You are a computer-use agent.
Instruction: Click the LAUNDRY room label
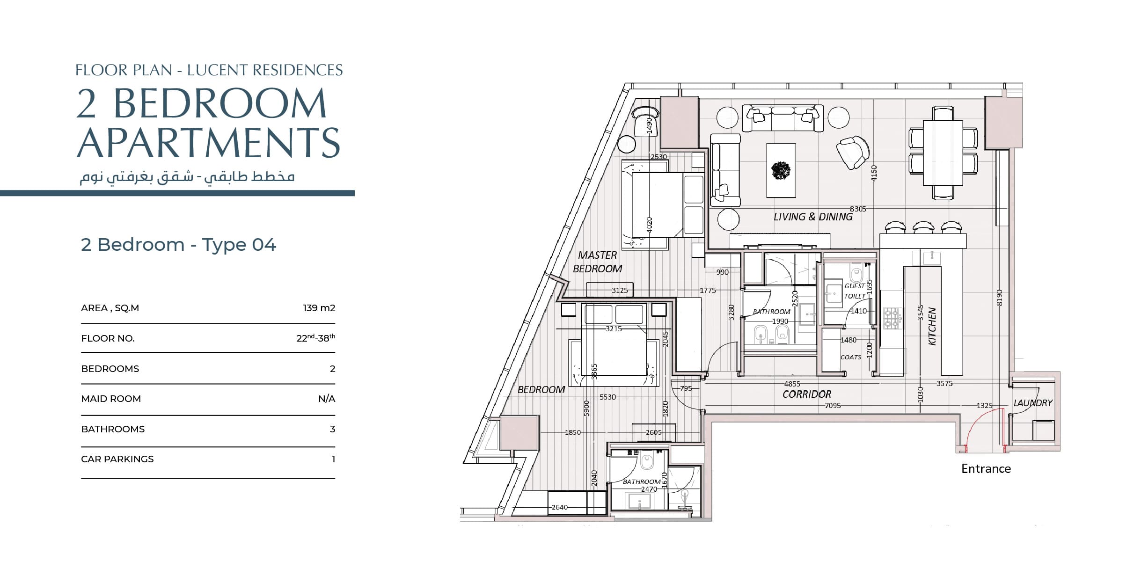coord(1033,403)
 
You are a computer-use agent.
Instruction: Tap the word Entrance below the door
coord(986,469)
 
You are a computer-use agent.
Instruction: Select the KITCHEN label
coord(932,326)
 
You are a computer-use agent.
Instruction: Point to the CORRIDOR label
coord(807,394)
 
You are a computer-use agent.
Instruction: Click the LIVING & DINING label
coord(813,217)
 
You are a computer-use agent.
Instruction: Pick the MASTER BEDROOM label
coord(598,262)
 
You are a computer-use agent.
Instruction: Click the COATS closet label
coord(850,357)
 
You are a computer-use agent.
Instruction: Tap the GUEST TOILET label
coord(855,291)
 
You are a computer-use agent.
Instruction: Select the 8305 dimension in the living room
coord(858,209)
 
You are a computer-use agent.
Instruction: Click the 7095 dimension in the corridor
coord(833,406)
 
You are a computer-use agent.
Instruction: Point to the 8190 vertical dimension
coord(999,298)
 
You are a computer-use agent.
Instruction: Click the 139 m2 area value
coord(319,308)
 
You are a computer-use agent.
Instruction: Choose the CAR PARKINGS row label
coord(117,459)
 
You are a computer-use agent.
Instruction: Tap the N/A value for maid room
coord(327,399)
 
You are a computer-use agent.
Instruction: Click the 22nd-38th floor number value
coord(316,337)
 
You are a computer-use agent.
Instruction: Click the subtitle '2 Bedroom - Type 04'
coord(178,245)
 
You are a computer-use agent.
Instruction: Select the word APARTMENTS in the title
coord(208,142)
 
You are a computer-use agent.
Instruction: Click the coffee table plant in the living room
coord(781,170)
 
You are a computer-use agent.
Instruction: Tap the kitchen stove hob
coord(893,318)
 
